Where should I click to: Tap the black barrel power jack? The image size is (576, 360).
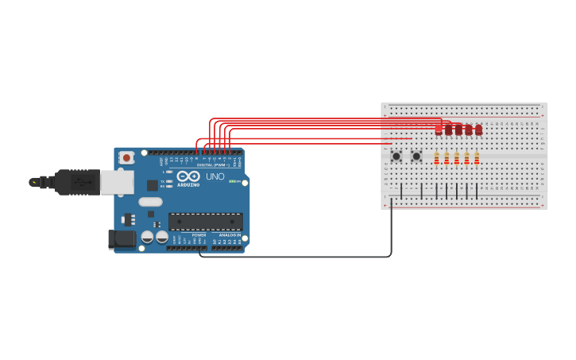tap(120, 238)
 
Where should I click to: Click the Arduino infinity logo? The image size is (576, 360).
tap(189, 176)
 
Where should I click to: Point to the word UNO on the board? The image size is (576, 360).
tap(215, 176)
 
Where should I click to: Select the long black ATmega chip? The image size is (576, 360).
tap(205, 221)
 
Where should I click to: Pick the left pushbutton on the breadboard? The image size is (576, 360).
tap(396, 156)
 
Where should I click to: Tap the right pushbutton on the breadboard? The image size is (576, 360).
tap(416, 156)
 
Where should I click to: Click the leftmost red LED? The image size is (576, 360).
tap(439, 129)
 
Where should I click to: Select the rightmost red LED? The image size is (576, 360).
tap(478, 129)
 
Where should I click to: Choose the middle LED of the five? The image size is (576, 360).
tap(458, 129)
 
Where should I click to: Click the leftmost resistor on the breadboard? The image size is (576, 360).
tap(437, 158)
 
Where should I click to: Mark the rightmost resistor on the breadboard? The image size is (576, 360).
tap(477, 158)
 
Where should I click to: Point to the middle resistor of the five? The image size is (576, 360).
tap(457, 158)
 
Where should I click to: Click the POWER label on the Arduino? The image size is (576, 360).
tap(199, 235)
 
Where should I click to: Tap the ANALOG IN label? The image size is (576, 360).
tap(230, 235)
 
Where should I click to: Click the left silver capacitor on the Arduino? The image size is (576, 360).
tap(148, 237)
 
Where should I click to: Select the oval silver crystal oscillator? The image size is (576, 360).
tap(150, 202)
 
